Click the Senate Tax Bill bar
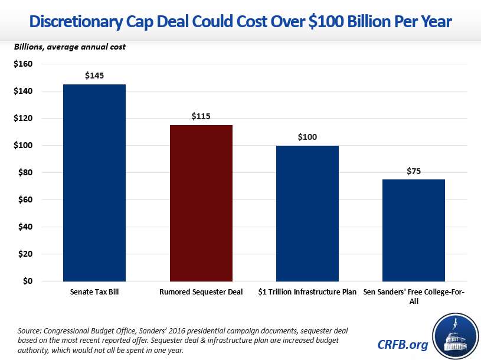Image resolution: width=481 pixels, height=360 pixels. [x=94, y=183]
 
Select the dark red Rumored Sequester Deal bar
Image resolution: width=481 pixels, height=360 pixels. [x=201, y=204]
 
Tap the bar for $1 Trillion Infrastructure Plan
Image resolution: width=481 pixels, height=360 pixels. [x=307, y=214]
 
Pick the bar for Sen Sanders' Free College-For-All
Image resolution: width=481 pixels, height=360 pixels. [x=414, y=230]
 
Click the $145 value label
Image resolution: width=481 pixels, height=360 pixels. [x=94, y=76]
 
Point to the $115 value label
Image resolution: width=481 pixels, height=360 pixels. [x=201, y=116]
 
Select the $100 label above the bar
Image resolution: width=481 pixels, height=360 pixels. [x=307, y=137]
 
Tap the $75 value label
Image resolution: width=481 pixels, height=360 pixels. [x=414, y=171]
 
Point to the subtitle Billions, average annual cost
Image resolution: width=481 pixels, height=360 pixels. [x=70, y=47]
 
